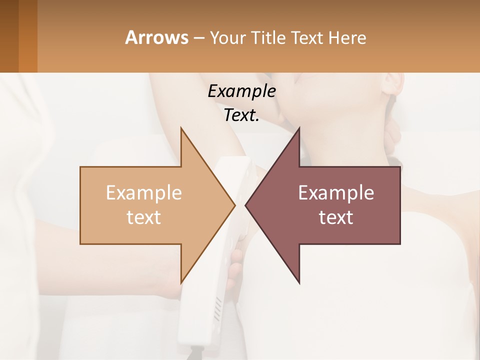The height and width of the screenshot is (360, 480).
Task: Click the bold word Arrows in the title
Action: pyautogui.click(x=156, y=37)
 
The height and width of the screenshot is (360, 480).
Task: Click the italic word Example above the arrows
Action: pyautogui.click(x=241, y=91)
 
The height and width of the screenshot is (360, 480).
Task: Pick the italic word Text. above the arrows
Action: pyautogui.click(x=241, y=115)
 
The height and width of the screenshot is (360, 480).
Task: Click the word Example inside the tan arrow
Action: pyautogui.click(x=144, y=192)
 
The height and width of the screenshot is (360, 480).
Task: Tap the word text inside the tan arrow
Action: pyautogui.click(x=144, y=217)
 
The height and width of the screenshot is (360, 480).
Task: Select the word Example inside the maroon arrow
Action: pyautogui.click(x=336, y=192)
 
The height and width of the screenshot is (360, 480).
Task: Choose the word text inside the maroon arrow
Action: pyautogui.click(x=336, y=217)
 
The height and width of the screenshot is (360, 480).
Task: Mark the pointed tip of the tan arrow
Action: pyautogui.click(x=235, y=205)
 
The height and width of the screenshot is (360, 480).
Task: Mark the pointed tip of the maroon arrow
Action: pyautogui.click(x=245, y=205)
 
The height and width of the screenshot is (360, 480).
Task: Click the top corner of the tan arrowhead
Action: pyautogui.click(x=181, y=128)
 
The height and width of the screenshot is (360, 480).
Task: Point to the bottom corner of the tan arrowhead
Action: pyautogui.click(x=181, y=282)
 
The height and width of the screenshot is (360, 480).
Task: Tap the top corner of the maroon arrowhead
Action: pyautogui.click(x=299, y=128)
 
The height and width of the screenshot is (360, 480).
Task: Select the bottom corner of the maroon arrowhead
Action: pyautogui.click(x=299, y=282)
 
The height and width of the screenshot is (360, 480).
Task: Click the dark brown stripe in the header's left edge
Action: pyautogui.click(x=9, y=36)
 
